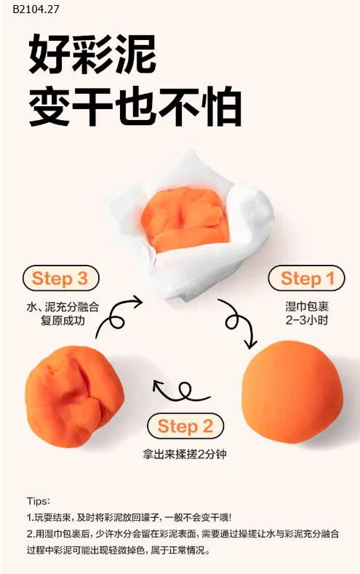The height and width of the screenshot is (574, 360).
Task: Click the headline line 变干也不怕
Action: pyautogui.click(x=135, y=108)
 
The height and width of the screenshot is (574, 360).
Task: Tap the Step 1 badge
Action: pyautogui.click(x=307, y=279)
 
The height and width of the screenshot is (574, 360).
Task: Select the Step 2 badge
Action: pyautogui.click(x=185, y=426)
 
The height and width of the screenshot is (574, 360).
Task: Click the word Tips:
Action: pyautogui.click(x=38, y=501)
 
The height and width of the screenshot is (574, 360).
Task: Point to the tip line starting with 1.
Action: pyautogui.click(x=129, y=517)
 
